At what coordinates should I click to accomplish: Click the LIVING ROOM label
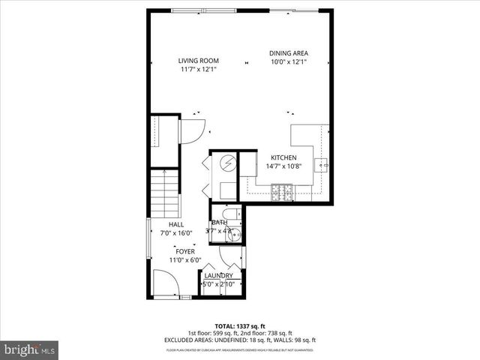click(198, 61)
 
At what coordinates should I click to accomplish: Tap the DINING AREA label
click(289, 53)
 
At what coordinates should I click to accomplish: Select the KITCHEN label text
click(283, 157)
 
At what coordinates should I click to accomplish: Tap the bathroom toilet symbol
click(230, 214)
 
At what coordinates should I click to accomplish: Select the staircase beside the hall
click(164, 192)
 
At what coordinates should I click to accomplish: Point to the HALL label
click(176, 224)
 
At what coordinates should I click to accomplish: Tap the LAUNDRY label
click(219, 276)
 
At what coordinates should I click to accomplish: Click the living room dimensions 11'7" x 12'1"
click(198, 70)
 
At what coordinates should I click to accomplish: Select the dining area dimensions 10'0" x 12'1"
click(289, 62)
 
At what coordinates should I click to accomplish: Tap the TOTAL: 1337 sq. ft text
click(239, 327)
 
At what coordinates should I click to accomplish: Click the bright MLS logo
click(30, 349)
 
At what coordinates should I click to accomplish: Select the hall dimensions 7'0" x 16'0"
click(176, 233)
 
